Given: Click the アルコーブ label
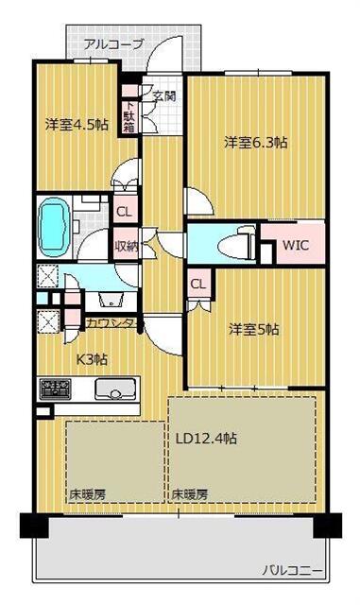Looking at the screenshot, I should click(113, 43).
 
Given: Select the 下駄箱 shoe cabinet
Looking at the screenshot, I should click(129, 115).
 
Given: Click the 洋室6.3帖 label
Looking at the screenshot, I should click(255, 143).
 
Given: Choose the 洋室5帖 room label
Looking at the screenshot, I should click(254, 329).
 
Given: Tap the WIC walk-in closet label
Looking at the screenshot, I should click(295, 245).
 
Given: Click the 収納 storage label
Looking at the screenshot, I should click(126, 244).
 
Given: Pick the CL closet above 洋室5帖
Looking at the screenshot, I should click(198, 284).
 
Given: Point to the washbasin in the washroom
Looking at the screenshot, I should click(111, 302).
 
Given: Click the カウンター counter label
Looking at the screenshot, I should click(112, 323).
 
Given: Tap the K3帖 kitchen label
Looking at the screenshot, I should click(91, 359).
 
